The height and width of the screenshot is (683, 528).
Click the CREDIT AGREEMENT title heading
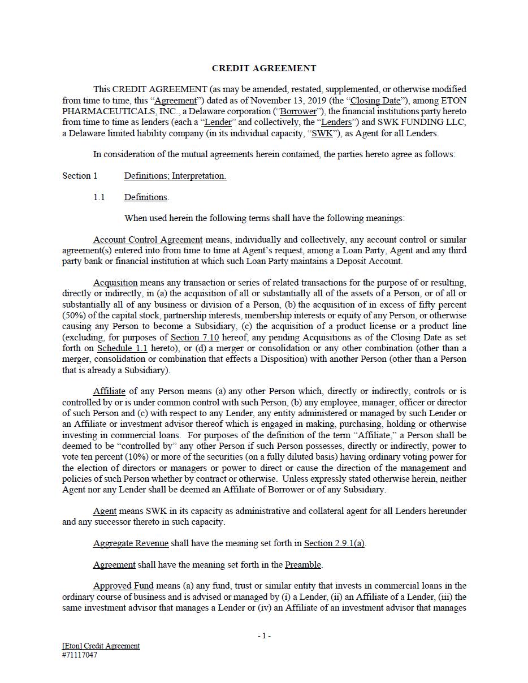264,68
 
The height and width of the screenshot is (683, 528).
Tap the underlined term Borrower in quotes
298,111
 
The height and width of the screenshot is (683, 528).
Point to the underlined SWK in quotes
322,133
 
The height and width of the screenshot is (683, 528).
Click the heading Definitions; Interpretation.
175,176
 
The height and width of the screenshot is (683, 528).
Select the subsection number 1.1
99,197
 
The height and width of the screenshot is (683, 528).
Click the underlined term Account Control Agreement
148,240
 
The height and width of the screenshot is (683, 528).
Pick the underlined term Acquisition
115,283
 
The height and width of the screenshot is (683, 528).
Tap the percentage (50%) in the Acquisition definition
73,315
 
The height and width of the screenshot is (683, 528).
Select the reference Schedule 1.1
122,348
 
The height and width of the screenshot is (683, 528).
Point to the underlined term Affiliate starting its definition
109,391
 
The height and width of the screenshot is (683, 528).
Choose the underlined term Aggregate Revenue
131,543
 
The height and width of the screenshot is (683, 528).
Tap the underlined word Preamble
303,565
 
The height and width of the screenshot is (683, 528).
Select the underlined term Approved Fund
123,586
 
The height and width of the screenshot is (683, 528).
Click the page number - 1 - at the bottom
264,636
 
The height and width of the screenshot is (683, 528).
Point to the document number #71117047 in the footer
80,655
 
